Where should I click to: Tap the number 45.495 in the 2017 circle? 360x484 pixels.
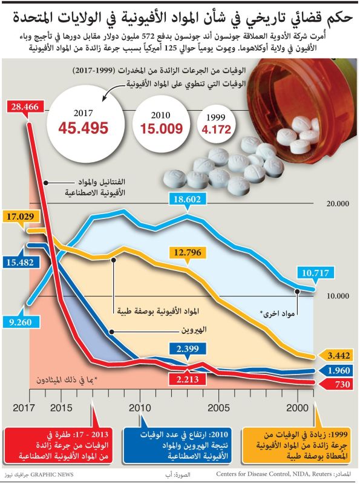pyautogui.click(x=83, y=128)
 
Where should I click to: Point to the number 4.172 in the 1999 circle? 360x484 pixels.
pyautogui.click(x=217, y=129)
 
